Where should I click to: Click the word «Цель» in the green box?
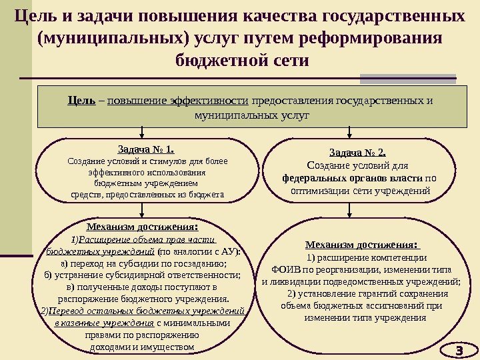pos(81,101)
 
